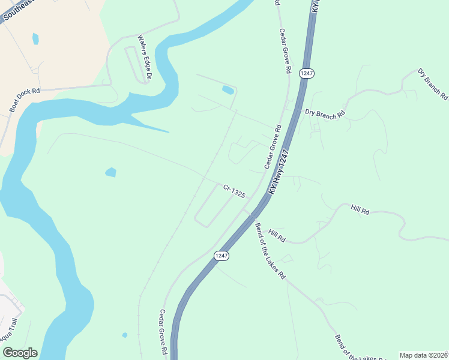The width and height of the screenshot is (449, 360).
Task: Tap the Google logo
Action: tap(19, 353)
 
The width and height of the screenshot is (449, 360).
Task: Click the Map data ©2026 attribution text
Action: tap(423, 355)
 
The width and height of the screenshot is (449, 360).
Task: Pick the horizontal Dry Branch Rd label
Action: tap(325, 112)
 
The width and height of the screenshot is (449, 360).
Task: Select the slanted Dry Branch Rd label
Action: tap(432, 83)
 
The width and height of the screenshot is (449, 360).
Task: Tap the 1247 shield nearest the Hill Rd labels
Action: tap(221, 256)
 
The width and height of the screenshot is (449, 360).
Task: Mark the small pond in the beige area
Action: tap(35, 39)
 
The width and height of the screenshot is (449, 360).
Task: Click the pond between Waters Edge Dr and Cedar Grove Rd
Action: tap(228, 90)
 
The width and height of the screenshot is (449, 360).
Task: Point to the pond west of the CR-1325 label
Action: tap(110, 172)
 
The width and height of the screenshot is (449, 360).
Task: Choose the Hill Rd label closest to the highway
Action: tap(277, 236)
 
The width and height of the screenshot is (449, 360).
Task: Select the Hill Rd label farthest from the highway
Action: tap(360, 209)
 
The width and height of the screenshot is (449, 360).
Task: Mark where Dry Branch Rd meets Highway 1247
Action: tap(296, 110)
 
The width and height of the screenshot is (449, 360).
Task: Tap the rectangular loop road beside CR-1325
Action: tap(214, 205)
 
